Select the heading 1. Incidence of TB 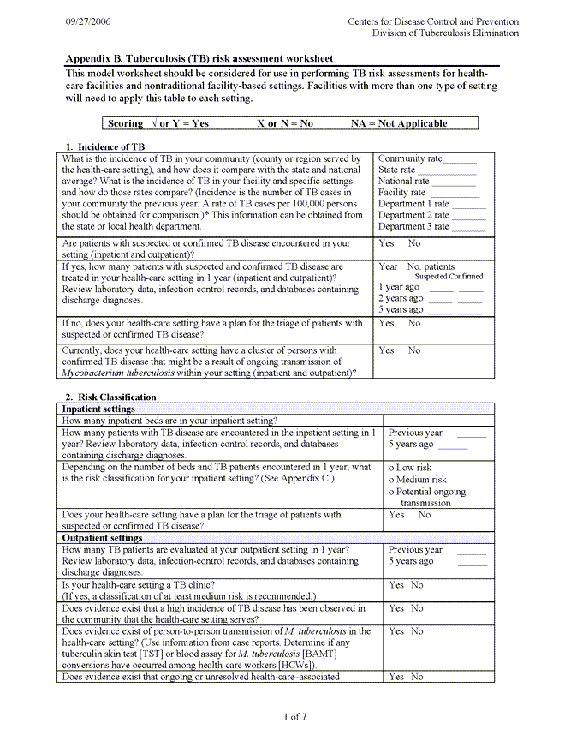click(x=104, y=147)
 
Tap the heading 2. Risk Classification click(x=110, y=397)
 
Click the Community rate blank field click(x=460, y=159)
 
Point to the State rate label click(x=396, y=170)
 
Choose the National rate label click(x=404, y=182)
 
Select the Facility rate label click(x=401, y=193)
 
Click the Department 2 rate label click(x=413, y=215)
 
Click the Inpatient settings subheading click(x=98, y=409)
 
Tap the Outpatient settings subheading click(x=102, y=538)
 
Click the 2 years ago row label click(x=400, y=298)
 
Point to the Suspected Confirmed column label click(x=449, y=277)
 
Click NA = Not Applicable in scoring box click(x=399, y=123)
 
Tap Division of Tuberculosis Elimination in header click(x=445, y=33)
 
